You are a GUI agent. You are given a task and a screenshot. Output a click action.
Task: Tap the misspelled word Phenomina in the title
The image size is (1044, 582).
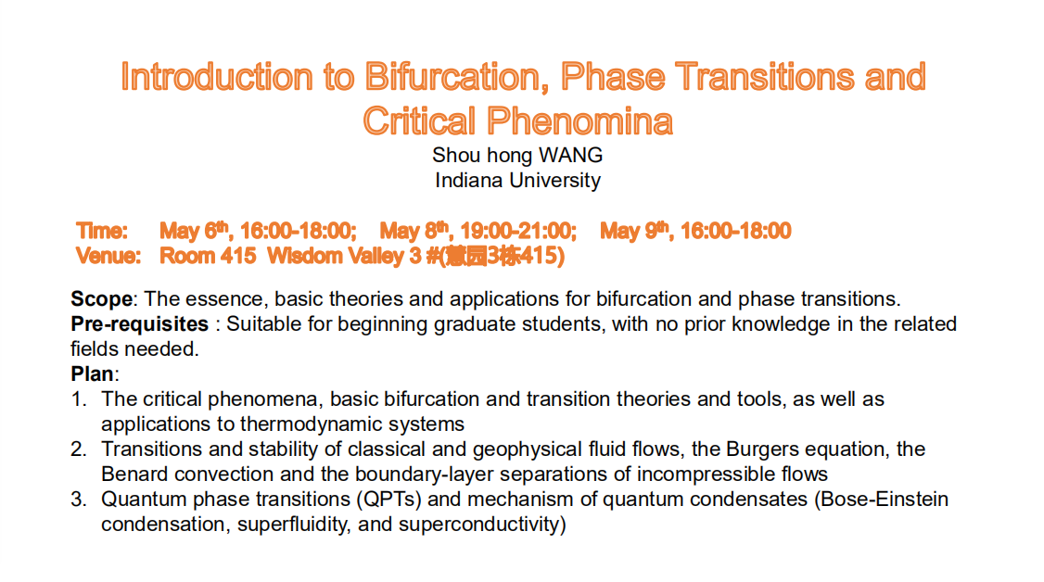point(579,121)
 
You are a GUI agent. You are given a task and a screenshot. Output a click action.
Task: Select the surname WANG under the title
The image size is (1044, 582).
point(570,155)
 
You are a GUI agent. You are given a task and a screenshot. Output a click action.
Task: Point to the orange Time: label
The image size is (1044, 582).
point(102,231)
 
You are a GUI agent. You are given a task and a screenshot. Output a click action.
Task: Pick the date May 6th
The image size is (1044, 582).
point(194,231)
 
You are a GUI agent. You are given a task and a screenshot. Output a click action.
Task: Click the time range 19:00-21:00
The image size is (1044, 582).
point(518,231)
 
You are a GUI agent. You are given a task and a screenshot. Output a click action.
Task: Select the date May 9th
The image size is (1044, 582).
point(634,231)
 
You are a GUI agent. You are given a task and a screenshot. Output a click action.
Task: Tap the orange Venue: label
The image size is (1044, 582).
point(108,256)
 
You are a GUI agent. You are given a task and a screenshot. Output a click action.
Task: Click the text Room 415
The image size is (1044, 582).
point(208,256)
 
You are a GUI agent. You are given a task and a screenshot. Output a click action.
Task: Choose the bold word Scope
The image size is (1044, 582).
point(102,299)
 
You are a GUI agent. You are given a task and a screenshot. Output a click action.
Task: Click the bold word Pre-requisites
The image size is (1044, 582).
point(140,324)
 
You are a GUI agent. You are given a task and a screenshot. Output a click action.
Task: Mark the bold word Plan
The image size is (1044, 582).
point(92,373)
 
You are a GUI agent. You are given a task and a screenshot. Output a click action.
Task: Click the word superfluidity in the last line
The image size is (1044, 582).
point(294,525)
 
